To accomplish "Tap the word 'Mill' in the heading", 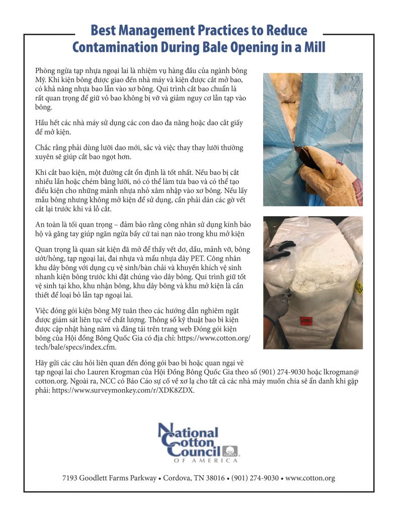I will point(311,47).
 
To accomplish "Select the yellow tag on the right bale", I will point(359,285).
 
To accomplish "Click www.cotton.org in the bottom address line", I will point(310,478).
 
